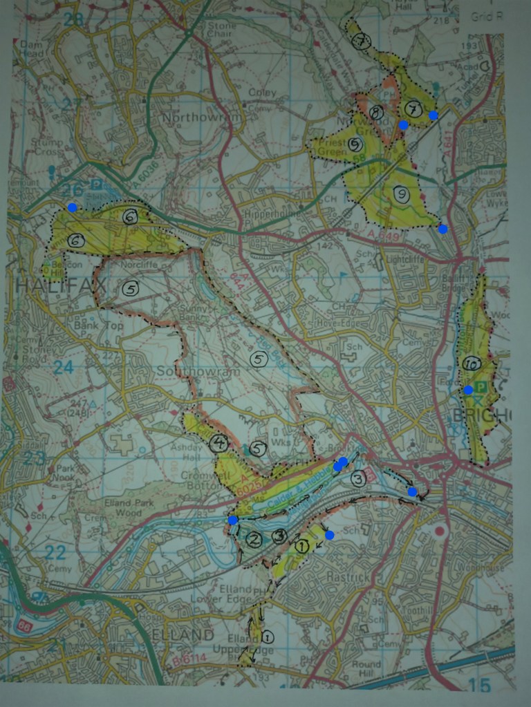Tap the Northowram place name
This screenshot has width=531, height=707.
pos(201,118)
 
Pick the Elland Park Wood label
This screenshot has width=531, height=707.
pos(115,499)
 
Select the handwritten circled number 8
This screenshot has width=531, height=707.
pos(376,112)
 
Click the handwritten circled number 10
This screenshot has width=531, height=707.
pos(472,364)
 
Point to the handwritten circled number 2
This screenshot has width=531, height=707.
pos(254,540)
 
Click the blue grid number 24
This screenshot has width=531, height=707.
pos(63,367)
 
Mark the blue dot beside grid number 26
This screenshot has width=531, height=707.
pos(72,207)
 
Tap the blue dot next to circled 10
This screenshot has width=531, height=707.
pos(468,390)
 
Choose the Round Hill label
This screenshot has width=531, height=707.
pos(366,669)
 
